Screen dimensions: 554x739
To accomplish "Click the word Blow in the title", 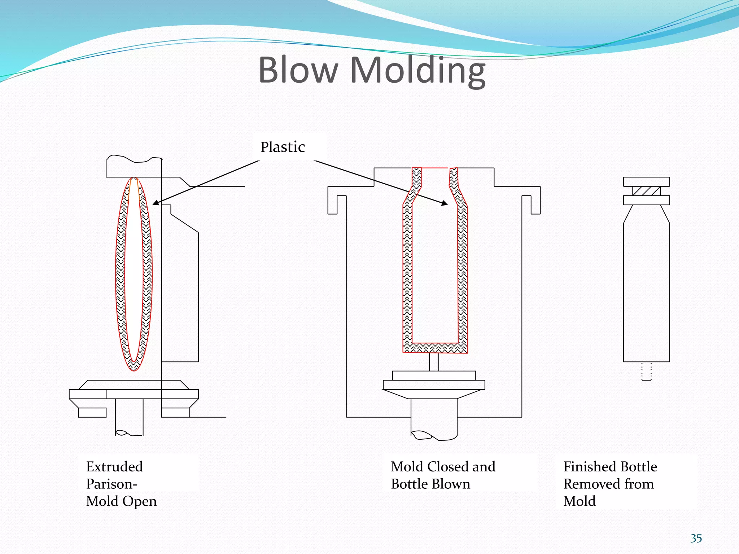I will [298, 70].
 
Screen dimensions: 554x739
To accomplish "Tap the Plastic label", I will [283, 147].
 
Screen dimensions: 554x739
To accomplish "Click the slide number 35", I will [696, 538].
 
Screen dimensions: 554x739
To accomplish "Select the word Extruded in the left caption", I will [114, 467].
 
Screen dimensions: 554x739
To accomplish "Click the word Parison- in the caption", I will [111, 484].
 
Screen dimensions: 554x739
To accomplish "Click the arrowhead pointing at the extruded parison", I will [156, 203].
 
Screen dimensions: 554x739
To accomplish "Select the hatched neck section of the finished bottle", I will [646, 191].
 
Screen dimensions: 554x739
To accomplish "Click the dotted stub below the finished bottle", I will [646, 371].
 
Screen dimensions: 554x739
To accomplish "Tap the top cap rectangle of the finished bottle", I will [646, 181].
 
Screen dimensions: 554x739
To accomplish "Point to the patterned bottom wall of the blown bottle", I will [435, 348].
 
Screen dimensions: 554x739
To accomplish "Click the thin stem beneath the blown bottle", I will [434, 362].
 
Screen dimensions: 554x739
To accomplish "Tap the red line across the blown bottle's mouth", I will [435, 168].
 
